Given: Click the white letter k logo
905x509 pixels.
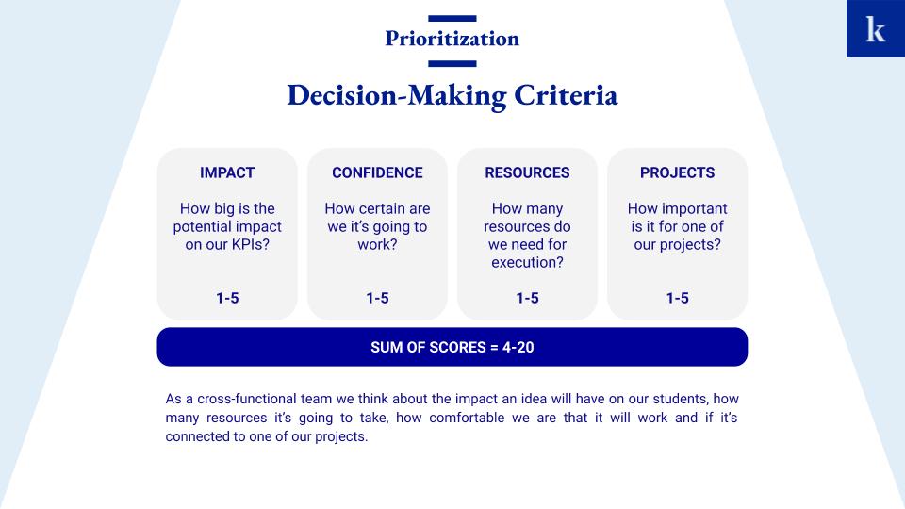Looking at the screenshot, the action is pyautogui.click(x=875, y=29).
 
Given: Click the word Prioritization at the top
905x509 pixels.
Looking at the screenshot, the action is pyautogui.click(x=452, y=39).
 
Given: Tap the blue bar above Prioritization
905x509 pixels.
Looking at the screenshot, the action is pyautogui.click(x=452, y=19).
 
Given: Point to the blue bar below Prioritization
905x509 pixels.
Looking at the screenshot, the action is pyautogui.click(x=452, y=63).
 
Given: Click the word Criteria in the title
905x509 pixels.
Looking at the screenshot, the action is pyautogui.click(x=566, y=95).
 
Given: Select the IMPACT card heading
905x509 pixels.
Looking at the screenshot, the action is pyautogui.click(x=227, y=172).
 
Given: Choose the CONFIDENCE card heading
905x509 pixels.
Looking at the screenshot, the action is pyautogui.click(x=377, y=172).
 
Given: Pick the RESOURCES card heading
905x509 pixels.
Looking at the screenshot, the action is pyautogui.click(x=528, y=172).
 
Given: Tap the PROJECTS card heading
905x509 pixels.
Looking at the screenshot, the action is pyautogui.click(x=678, y=172).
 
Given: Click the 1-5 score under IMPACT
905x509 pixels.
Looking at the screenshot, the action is pyautogui.click(x=227, y=299).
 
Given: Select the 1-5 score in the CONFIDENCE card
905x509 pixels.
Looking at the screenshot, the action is pyautogui.click(x=377, y=299).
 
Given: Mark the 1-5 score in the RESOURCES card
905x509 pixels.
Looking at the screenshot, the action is pyautogui.click(x=528, y=299).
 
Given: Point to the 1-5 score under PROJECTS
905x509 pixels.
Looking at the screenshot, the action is pyautogui.click(x=678, y=299).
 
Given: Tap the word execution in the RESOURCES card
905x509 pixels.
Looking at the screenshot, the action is pyautogui.click(x=523, y=263).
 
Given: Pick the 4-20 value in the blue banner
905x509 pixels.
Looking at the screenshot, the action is pyautogui.click(x=518, y=348).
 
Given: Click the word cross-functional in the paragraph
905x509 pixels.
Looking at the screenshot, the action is pyautogui.click(x=264, y=399).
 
